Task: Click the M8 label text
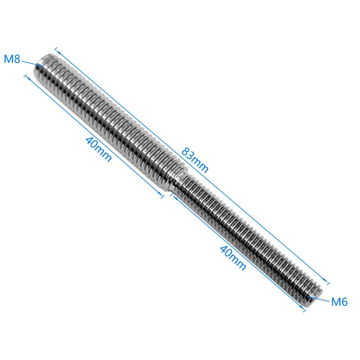point(12,59)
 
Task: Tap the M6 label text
point(339,302)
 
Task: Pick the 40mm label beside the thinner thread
point(233,257)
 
